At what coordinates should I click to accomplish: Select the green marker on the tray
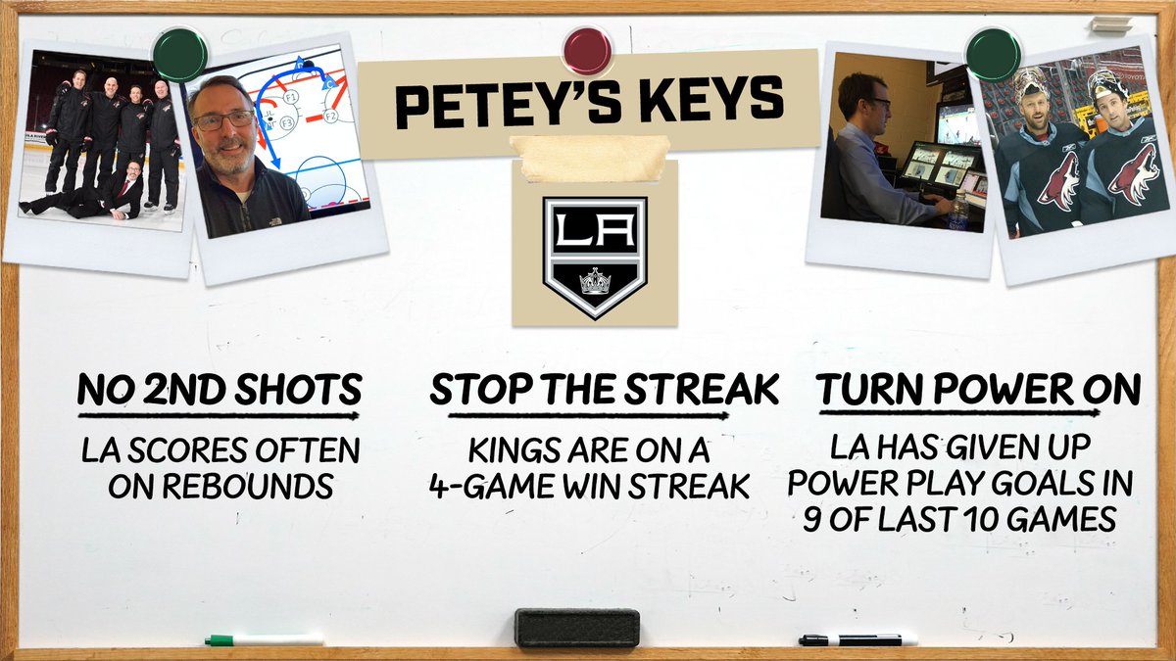[264, 639]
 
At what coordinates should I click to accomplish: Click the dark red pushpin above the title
[587, 50]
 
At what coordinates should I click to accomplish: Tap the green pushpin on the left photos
[181, 52]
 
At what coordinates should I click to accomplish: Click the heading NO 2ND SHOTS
[220, 391]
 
